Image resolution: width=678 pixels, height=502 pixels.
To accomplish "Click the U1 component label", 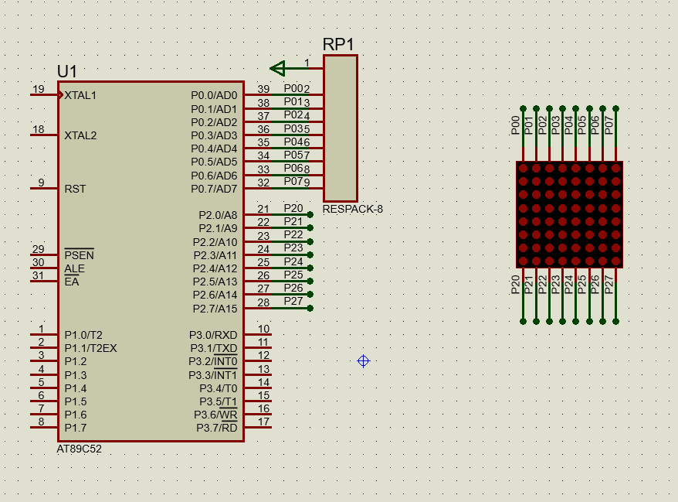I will point(67,72).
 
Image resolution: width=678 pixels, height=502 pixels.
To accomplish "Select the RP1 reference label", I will point(338,45).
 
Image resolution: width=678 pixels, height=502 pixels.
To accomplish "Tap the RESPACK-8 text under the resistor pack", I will point(353,209).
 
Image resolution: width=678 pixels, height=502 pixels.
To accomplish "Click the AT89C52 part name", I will point(79,449).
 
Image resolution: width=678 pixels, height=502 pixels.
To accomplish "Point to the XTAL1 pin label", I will point(80,96).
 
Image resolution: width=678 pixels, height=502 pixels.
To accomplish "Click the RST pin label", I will point(75,189).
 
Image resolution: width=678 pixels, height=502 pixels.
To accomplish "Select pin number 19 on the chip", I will point(38,89).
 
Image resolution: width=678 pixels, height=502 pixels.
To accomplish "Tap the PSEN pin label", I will point(79,255).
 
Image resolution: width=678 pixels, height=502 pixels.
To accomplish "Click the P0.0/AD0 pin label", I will point(214,96).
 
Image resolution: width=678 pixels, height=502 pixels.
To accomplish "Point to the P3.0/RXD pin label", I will point(213,335).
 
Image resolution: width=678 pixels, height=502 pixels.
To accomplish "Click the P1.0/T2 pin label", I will point(83,335).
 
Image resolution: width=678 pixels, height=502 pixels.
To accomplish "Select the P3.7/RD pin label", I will point(216,428).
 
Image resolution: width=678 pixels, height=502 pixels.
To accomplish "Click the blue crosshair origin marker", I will point(363,361).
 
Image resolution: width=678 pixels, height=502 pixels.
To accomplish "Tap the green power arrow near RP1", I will point(278,69).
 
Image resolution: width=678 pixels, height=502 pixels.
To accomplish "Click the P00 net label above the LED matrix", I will point(515,126).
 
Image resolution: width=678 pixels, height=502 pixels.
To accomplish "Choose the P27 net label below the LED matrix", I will point(609,285).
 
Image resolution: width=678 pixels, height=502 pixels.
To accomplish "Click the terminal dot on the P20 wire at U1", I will point(310,215).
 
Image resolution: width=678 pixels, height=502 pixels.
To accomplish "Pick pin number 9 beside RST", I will point(41,183).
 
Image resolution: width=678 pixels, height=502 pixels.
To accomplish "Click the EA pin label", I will point(72,282).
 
